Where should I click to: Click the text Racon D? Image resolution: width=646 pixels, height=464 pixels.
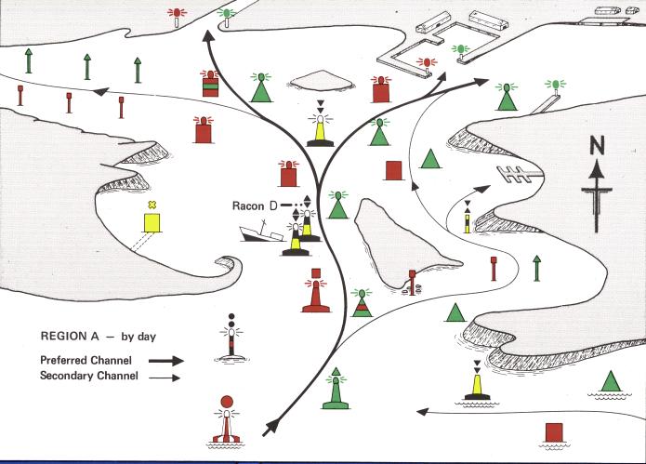pos(254,204)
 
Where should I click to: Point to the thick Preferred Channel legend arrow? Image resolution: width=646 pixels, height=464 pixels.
pos(166,359)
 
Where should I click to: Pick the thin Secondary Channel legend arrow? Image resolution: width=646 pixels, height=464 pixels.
pos(166,376)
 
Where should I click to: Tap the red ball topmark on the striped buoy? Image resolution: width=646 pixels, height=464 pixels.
pos(226,402)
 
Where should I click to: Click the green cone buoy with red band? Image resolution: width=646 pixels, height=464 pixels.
pos(362,304)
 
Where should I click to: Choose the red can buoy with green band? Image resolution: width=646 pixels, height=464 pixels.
pos(211,82)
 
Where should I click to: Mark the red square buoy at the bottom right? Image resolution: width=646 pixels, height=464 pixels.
pos(555,433)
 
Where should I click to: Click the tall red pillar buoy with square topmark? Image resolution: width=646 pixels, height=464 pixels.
pos(315,293)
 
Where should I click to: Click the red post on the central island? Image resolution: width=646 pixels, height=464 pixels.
pos(412,278)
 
